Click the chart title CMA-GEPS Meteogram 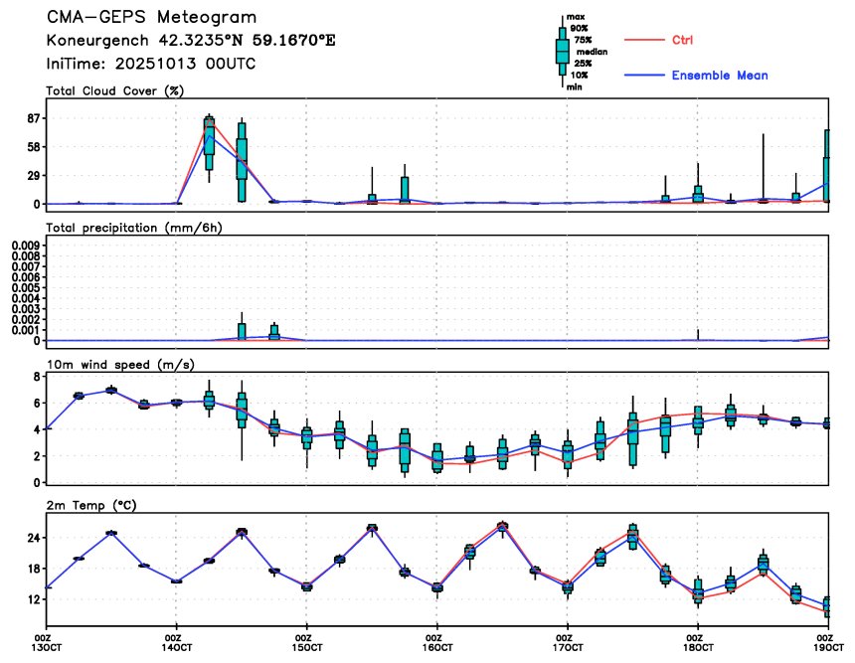pyautogui.click(x=151, y=18)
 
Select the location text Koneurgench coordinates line pyautogui.click(x=191, y=41)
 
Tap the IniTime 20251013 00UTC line pyautogui.click(x=151, y=64)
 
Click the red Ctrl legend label pyautogui.click(x=682, y=40)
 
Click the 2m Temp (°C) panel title pyautogui.click(x=91, y=505)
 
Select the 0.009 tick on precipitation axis pyautogui.click(x=25, y=244)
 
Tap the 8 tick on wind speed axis pyautogui.click(x=35, y=378)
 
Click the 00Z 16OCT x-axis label pyautogui.click(x=433, y=643)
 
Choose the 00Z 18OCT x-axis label pyautogui.click(x=697, y=643)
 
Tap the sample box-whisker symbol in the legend pyautogui.click(x=563, y=50)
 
